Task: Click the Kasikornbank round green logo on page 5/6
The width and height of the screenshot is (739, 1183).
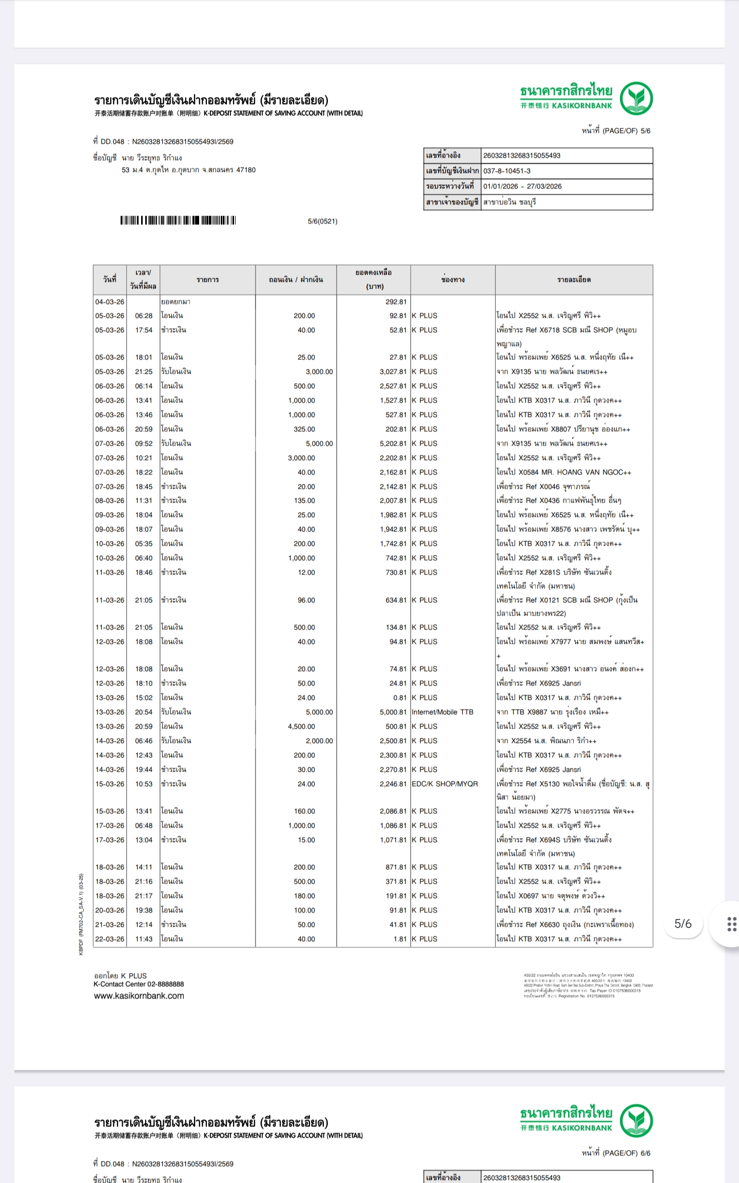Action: pos(636,98)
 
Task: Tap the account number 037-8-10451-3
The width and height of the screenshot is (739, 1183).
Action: pos(507,171)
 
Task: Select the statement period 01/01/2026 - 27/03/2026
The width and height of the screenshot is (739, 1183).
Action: pos(522,186)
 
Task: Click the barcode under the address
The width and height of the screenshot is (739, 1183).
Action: pos(178,221)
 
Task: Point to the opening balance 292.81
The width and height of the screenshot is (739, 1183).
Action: pos(396,302)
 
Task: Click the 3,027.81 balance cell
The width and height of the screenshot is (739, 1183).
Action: pos(393,372)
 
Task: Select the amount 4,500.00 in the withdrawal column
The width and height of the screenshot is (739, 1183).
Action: pos(301,727)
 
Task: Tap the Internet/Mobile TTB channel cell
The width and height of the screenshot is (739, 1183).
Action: pos(442,712)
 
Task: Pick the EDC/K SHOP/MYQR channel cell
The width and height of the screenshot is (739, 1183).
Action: pos(444,784)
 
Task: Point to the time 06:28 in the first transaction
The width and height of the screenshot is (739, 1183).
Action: pos(144,316)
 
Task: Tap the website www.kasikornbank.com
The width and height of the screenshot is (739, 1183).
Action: pos(139,996)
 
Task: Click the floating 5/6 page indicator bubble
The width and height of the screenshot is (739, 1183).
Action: pos(683,924)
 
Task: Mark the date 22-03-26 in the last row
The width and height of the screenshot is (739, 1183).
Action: pos(110,939)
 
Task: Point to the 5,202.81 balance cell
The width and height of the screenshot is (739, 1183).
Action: pos(393,444)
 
